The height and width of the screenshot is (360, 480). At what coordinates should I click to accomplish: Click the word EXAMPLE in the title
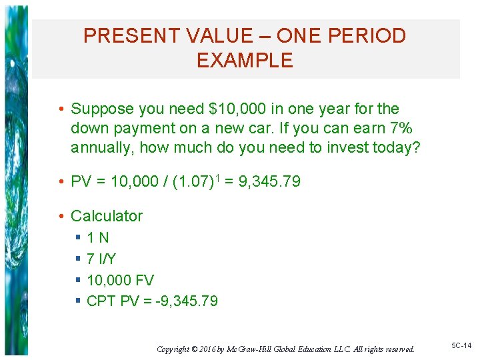point(245,61)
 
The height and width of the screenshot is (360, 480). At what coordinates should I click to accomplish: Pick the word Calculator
point(107,216)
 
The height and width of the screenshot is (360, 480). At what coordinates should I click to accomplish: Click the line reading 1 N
point(98,237)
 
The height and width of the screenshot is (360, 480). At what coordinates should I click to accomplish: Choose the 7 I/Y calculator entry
point(101,259)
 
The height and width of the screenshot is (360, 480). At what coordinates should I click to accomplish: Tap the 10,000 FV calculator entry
point(120,280)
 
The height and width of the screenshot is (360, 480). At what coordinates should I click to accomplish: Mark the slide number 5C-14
point(461,345)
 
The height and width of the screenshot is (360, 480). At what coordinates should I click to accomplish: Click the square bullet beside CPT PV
point(79,301)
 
